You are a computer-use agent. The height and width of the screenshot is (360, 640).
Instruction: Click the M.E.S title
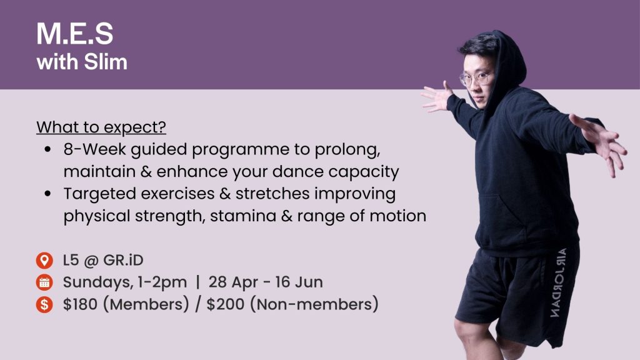[x=75, y=34]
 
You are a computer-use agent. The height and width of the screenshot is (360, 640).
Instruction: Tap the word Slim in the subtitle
[x=105, y=62]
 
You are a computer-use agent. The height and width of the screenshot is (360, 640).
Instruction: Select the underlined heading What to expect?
[x=101, y=127]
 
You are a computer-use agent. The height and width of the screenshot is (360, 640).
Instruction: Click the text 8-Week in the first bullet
[x=95, y=149]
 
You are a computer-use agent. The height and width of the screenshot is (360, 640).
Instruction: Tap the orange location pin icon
[x=44, y=261]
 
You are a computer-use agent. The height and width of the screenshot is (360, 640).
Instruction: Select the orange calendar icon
[x=44, y=282]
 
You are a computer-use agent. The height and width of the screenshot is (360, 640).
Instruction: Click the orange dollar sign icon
[x=44, y=304]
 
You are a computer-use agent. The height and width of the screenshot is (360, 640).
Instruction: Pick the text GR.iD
[x=123, y=261]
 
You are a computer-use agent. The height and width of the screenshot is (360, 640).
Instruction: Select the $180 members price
[x=80, y=304]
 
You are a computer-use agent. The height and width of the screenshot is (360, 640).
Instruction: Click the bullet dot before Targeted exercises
[x=48, y=194]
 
